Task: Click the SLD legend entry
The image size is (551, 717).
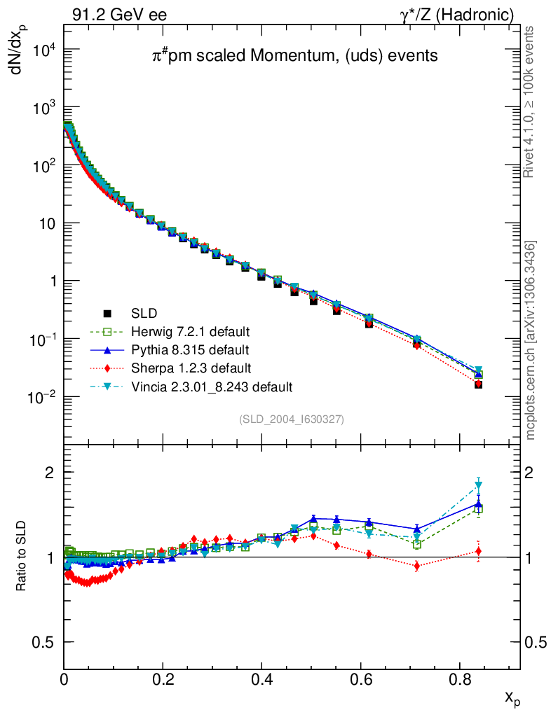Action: (x=132, y=313)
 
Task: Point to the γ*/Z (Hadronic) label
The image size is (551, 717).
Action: (x=457, y=14)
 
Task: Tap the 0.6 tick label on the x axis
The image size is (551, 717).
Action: (x=361, y=678)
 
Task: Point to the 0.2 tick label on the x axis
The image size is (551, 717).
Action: (x=163, y=678)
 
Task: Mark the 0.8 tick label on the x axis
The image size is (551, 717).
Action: (x=460, y=678)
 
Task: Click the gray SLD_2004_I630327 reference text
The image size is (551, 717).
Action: (x=292, y=419)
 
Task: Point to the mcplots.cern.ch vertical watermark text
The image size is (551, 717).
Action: (x=531, y=340)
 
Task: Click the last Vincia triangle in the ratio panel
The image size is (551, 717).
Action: (x=479, y=485)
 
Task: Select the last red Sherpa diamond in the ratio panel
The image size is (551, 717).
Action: (x=479, y=551)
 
